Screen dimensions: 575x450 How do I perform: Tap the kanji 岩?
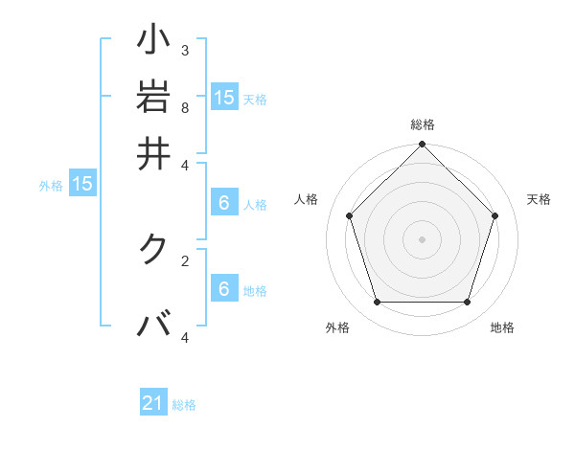pos(154,98)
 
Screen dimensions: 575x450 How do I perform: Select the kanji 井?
pos(154,152)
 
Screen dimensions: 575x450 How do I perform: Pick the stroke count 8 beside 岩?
pos(185,107)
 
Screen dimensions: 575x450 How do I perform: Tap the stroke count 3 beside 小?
pos(185,50)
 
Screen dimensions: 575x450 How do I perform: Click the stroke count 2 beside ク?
pos(185,259)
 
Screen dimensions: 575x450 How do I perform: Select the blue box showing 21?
pos(153,404)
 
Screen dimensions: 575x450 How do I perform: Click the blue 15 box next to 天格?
pos(224,97)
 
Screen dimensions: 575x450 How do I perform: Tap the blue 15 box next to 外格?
pos(81,184)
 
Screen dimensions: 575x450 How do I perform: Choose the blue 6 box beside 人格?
pos(224,203)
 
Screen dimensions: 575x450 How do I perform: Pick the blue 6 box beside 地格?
pos(224,289)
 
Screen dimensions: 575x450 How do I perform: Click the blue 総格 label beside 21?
pos(184,405)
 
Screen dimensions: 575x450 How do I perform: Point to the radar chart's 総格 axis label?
pos(423,124)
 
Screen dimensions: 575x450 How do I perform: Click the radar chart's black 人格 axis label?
pos(307,199)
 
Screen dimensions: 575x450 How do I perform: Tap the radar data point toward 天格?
pos(495,215)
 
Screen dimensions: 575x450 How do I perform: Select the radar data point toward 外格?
pos(377,303)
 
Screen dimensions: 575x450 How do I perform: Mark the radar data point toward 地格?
pos(468,303)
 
